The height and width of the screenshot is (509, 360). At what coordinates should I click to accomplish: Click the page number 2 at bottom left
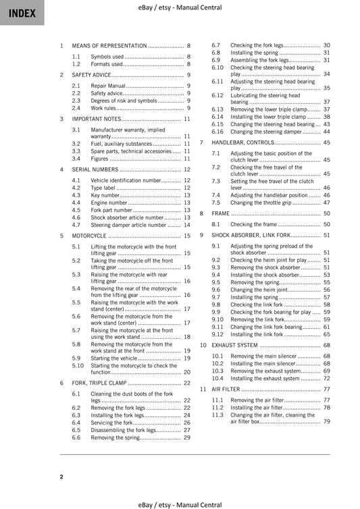(61, 477)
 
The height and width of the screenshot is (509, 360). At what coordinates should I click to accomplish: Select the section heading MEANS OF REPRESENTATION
(109, 45)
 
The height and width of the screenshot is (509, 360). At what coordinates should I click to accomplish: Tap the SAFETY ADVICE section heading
(92, 75)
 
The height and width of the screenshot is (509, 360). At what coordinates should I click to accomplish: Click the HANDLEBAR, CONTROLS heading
(242, 143)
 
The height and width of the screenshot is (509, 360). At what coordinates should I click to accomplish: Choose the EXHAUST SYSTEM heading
(234, 345)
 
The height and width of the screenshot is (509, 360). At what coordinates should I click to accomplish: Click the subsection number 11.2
(217, 408)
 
